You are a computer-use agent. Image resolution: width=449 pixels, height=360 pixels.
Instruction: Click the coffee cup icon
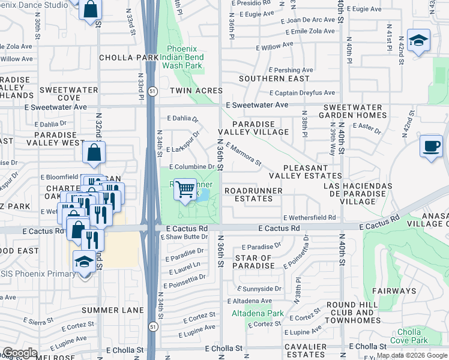430,146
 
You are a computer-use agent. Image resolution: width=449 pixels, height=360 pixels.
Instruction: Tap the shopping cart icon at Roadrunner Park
186,190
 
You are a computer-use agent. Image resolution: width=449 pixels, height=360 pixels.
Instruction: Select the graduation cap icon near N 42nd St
418,40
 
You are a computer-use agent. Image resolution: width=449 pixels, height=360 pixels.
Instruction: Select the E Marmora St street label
244,154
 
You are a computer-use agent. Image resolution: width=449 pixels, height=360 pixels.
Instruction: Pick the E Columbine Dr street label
192,167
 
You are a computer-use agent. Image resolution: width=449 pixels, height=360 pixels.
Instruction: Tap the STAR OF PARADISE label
254,262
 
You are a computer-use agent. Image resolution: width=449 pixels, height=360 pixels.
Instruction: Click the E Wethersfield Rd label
309,218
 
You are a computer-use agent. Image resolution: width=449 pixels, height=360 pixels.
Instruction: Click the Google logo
20,353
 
